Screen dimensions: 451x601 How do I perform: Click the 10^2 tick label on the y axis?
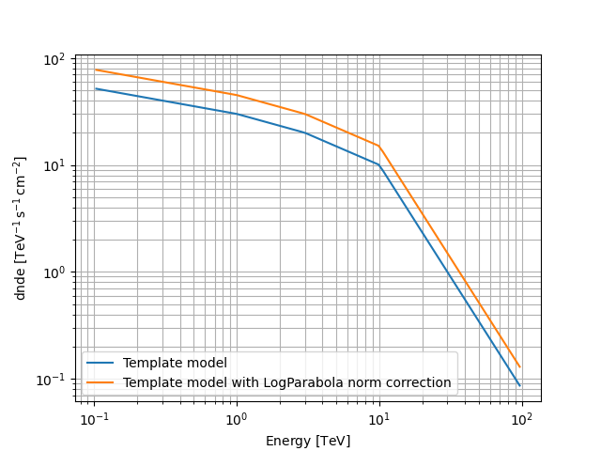coord(55,59)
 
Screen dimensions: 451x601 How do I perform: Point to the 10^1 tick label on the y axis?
coord(55,165)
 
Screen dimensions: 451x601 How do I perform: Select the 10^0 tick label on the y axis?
coord(55,272)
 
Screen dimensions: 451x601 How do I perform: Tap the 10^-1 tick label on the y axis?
coord(54,379)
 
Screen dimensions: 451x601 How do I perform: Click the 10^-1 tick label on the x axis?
coord(93,417)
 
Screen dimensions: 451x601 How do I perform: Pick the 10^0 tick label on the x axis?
coord(236,417)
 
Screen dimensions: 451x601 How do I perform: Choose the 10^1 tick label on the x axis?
coord(378,417)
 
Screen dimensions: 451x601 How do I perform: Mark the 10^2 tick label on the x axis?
coord(521,417)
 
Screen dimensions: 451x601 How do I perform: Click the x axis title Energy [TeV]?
coord(307,441)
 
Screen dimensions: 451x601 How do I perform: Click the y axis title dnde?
coord(21,228)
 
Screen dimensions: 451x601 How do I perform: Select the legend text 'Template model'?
coord(175,364)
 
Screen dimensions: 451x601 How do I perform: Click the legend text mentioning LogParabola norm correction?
coord(286,382)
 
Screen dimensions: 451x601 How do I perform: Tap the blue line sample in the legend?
coord(100,364)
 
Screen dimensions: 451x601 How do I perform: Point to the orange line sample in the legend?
coord(100,382)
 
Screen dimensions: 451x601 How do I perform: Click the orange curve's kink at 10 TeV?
coord(378,146)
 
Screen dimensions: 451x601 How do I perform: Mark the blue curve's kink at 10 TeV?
coord(378,164)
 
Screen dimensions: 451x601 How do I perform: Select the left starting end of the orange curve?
coord(96,70)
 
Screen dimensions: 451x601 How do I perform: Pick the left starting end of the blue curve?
coord(96,88)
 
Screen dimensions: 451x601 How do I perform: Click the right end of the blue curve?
coord(519,385)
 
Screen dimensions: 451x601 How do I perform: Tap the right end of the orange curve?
coord(519,366)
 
